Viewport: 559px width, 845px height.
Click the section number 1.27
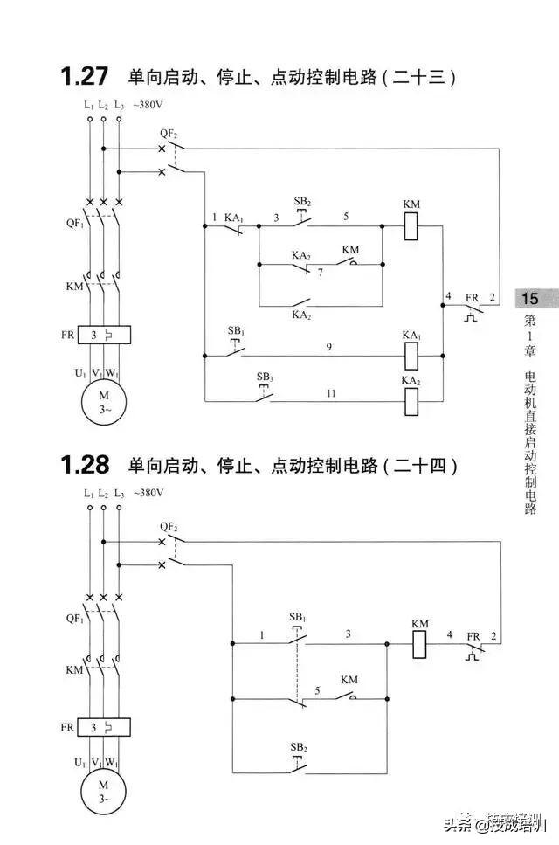click(x=84, y=77)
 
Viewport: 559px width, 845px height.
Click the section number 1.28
click(x=84, y=465)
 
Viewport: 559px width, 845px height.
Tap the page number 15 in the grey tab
click(x=530, y=299)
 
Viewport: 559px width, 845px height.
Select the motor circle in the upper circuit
click(x=105, y=403)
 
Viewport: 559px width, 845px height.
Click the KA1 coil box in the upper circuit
click(x=411, y=355)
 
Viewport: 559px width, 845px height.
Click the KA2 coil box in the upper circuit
click(x=411, y=400)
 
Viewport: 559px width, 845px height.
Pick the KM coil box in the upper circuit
click(x=411, y=225)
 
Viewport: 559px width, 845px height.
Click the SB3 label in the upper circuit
click(x=265, y=377)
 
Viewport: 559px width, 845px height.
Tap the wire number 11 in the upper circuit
click(x=331, y=394)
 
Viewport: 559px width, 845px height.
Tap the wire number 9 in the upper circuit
click(x=328, y=347)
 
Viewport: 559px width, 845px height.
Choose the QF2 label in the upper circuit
click(x=169, y=133)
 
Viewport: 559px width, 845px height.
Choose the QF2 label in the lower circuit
click(x=169, y=526)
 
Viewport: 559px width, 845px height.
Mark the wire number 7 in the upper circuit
click(x=321, y=273)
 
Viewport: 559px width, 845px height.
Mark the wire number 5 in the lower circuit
click(x=318, y=689)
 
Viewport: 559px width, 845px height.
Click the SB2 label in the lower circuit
click(x=299, y=748)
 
